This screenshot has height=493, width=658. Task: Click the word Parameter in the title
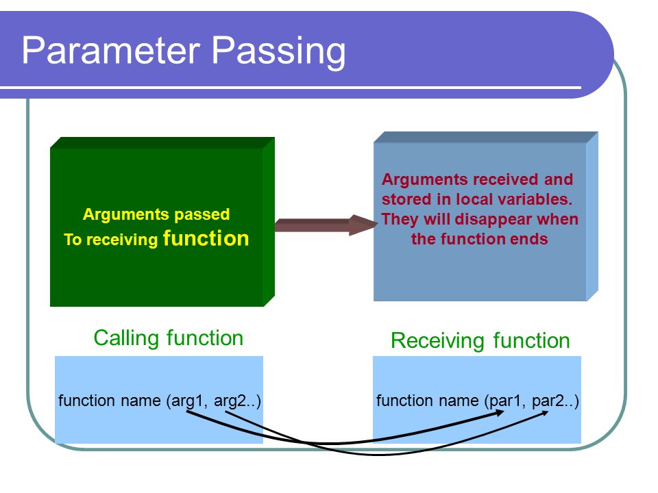point(111,50)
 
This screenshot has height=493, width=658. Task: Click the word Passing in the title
point(278,52)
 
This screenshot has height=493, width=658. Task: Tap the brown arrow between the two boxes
point(326,225)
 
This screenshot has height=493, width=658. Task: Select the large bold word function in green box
point(206,238)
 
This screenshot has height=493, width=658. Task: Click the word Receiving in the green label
point(439,341)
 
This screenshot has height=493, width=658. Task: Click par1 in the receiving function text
point(507,401)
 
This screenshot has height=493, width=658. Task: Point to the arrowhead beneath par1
point(500,413)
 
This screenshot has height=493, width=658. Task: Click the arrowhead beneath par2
point(544,413)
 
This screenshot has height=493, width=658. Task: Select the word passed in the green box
point(202,214)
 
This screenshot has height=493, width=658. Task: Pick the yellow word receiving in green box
point(122,240)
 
